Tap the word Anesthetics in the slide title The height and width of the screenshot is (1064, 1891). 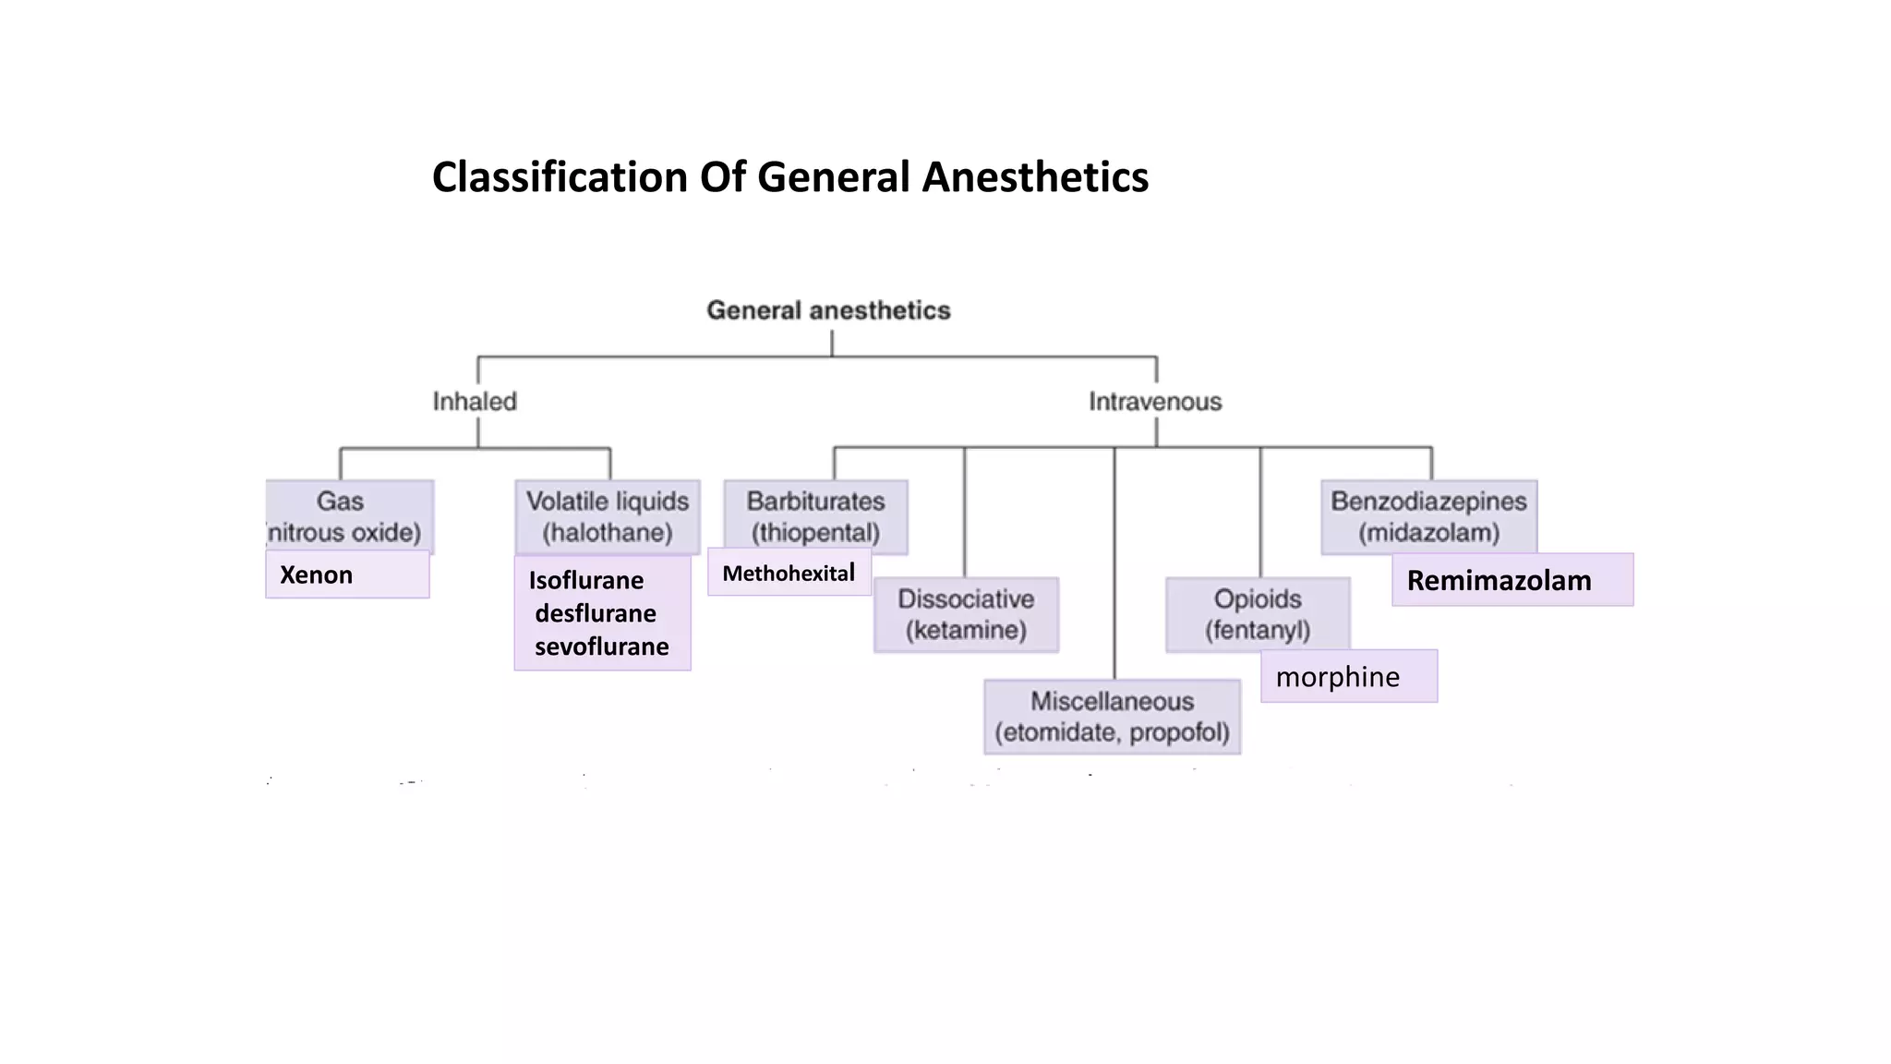tap(1035, 177)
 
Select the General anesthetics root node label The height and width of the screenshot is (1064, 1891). tap(828, 310)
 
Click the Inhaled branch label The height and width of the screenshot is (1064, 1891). tap(475, 402)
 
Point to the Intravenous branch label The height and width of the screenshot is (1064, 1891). tap(1154, 402)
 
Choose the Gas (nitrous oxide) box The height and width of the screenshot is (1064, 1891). tap(349, 515)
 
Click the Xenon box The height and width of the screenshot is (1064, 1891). tap(347, 574)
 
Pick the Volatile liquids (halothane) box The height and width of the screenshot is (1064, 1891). tap(607, 515)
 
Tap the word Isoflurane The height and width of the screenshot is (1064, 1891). tap(585, 581)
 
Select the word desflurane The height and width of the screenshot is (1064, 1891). tap(596, 613)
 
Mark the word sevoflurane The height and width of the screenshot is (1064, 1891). tap(601, 647)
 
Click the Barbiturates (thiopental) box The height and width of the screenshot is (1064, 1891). tap(815, 515)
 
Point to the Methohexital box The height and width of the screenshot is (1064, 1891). tap(789, 574)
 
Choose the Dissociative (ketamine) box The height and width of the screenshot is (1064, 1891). tap(966, 614)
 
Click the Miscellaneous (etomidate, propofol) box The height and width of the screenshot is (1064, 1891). tap(1112, 717)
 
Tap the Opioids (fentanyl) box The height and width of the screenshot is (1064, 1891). tap(1258, 614)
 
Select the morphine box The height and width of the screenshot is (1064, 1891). tap(1348, 677)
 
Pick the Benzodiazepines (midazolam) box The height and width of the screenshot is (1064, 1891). tap(1428, 515)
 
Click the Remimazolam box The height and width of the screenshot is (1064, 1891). tap(1512, 581)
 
